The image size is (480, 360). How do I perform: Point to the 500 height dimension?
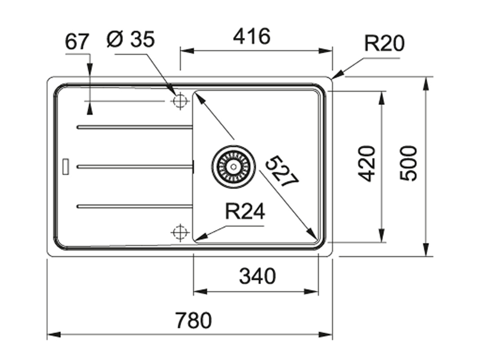click(409, 163)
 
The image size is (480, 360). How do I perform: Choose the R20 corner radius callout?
click(384, 44)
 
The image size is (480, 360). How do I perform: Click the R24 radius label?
click(245, 211)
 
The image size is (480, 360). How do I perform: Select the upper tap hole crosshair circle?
click(179, 101)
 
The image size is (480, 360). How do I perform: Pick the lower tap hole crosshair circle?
click(179, 232)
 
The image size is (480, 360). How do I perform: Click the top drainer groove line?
click(134, 127)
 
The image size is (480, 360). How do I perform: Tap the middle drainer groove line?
click(134, 167)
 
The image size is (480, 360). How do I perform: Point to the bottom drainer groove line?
click(134, 206)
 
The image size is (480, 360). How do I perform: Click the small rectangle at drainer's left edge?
click(66, 166)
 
